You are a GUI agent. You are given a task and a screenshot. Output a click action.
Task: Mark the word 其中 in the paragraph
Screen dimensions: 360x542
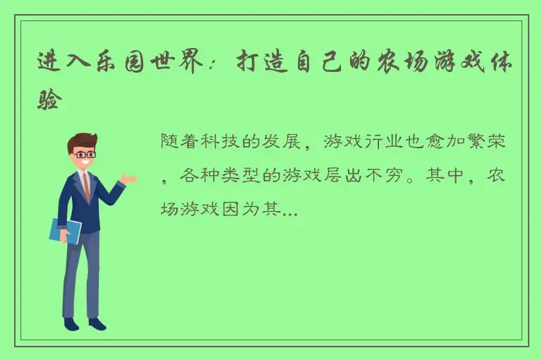pyautogui.click(x=444, y=175)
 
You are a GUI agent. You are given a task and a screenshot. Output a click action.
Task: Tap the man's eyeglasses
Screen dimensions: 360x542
pyautogui.click(x=84, y=153)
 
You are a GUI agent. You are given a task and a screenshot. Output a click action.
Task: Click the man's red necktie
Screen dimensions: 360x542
pyautogui.click(x=85, y=185)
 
